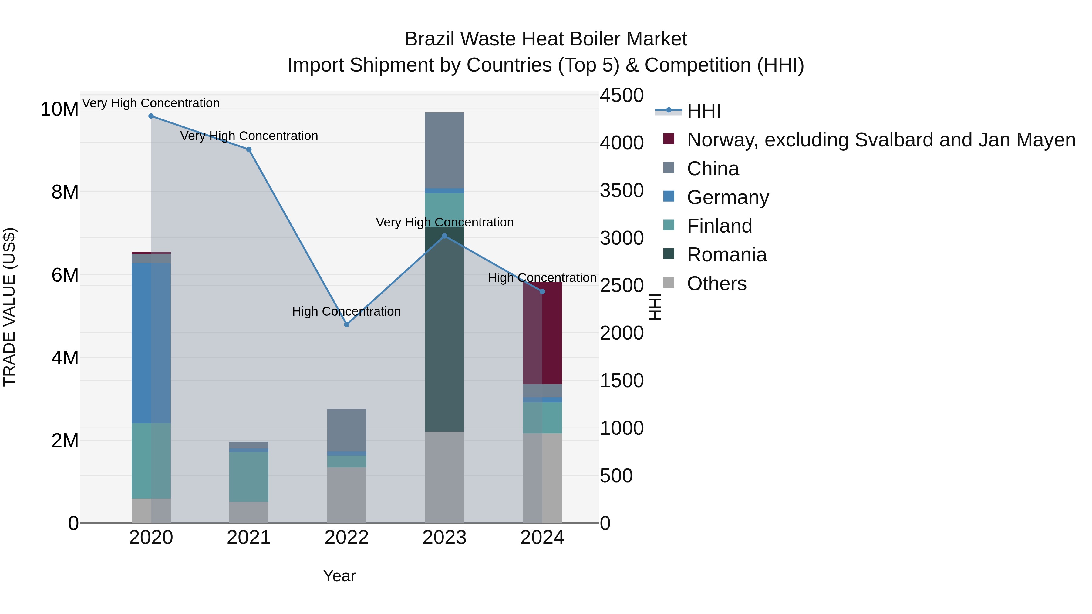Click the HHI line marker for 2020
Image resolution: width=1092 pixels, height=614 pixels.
(x=151, y=116)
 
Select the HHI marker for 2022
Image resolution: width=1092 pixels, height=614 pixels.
(x=347, y=324)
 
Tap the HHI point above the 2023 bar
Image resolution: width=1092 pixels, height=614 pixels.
(x=444, y=236)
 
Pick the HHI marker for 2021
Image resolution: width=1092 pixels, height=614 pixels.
(x=249, y=149)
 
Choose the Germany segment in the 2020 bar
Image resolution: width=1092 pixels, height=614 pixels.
(x=151, y=343)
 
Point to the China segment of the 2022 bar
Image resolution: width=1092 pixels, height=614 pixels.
(x=347, y=430)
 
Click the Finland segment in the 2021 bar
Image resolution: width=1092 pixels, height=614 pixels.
(x=249, y=477)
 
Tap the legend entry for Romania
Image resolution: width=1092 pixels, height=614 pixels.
(x=726, y=255)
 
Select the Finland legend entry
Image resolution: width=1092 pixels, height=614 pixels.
(x=720, y=226)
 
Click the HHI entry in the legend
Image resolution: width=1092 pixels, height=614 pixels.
(x=704, y=111)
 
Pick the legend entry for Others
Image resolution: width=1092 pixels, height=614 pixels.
(x=716, y=284)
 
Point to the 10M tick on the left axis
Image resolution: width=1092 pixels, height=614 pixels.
(x=59, y=109)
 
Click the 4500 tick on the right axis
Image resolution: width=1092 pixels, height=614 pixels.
(x=622, y=95)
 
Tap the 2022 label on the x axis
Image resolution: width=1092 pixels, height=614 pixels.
(x=347, y=538)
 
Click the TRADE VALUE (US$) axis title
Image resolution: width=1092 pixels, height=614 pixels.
(x=9, y=307)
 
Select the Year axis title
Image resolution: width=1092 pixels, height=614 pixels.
(x=339, y=576)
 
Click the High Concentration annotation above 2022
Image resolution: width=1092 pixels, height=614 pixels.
(x=346, y=311)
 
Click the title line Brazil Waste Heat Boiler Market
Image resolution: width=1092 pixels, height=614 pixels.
(x=546, y=39)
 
